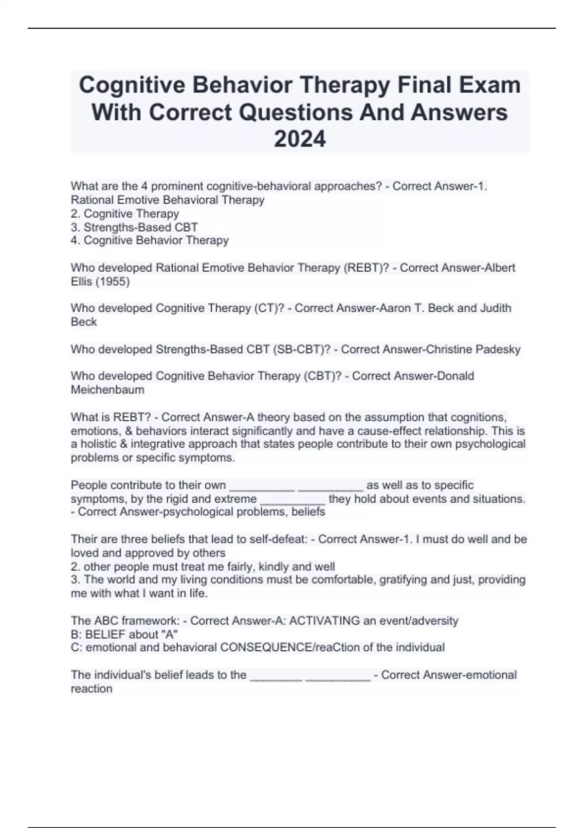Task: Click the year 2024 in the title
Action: pos(300,139)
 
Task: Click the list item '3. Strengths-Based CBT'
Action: pos(134,227)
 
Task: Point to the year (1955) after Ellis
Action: pos(112,282)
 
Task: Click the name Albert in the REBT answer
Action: pos(500,268)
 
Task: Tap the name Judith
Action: pos(496,308)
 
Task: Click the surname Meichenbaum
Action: pos(108,390)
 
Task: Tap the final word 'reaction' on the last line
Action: pos(91,689)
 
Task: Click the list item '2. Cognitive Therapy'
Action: pos(125,213)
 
